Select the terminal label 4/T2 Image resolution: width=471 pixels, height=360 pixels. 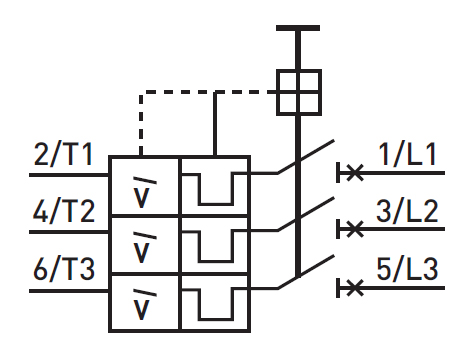click(64, 212)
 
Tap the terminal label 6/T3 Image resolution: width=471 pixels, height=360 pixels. click(64, 270)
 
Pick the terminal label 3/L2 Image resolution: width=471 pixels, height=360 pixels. click(409, 212)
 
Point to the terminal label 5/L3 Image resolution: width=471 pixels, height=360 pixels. click(409, 270)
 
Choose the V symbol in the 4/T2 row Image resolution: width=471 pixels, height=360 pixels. click(144, 245)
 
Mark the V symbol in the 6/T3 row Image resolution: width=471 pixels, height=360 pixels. click(144, 302)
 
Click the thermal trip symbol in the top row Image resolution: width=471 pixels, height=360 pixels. click(213, 186)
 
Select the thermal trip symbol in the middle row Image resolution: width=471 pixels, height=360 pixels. click(213, 244)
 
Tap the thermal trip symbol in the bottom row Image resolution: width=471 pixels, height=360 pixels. click(213, 302)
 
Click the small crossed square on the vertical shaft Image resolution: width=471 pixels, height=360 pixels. click(297, 90)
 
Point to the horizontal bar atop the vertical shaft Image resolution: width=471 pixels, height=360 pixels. click(297, 29)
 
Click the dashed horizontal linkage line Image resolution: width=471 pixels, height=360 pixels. click(200, 91)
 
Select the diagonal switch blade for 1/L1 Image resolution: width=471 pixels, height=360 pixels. click(306, 158)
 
